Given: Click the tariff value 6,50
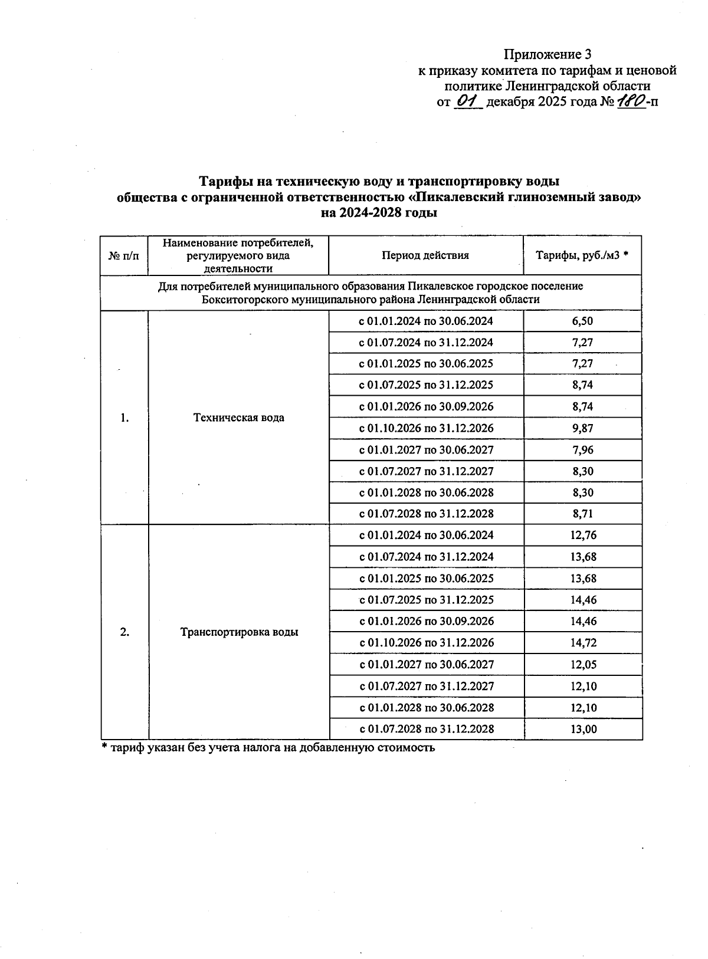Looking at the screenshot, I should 582,321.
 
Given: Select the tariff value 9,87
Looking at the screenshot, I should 582,428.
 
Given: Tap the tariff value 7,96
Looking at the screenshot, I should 582,450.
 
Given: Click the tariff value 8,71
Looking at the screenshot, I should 582,514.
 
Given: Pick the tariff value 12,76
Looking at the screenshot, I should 583,536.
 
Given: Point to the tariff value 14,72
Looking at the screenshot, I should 583,643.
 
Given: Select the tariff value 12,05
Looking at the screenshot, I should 583,665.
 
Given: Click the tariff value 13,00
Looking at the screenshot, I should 583,729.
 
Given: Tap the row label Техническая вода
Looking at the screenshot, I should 239,418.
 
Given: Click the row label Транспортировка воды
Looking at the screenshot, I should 239,632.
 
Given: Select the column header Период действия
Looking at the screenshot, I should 425,255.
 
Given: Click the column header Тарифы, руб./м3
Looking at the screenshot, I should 582,255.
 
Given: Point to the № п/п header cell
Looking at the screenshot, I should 124,256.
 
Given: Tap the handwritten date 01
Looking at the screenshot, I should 469,101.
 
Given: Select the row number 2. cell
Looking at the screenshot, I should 124,632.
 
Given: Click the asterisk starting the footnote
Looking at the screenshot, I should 105,747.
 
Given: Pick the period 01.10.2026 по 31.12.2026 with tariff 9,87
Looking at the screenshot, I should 426,428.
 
